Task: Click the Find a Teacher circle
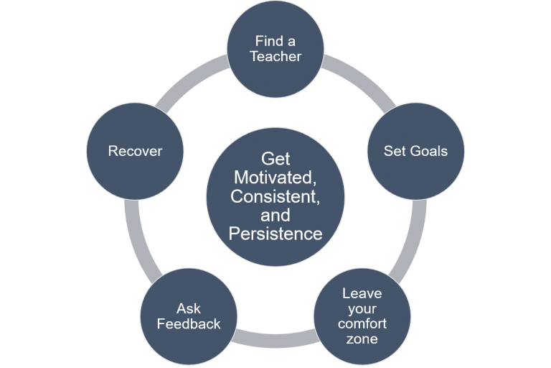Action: (275, 49)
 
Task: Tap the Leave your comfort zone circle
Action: (362, 316)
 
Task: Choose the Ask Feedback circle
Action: (189, 316)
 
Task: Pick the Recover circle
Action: (135, 152)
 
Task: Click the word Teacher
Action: (275, 57)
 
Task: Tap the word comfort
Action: (362, 323)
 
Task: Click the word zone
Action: (362, 339)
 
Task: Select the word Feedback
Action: (189, 323)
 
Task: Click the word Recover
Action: (135, 152)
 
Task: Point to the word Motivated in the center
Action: (275, 177)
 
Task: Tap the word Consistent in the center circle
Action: (275, 195)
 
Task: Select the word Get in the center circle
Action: (275, 158)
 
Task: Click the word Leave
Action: (362, 293)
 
